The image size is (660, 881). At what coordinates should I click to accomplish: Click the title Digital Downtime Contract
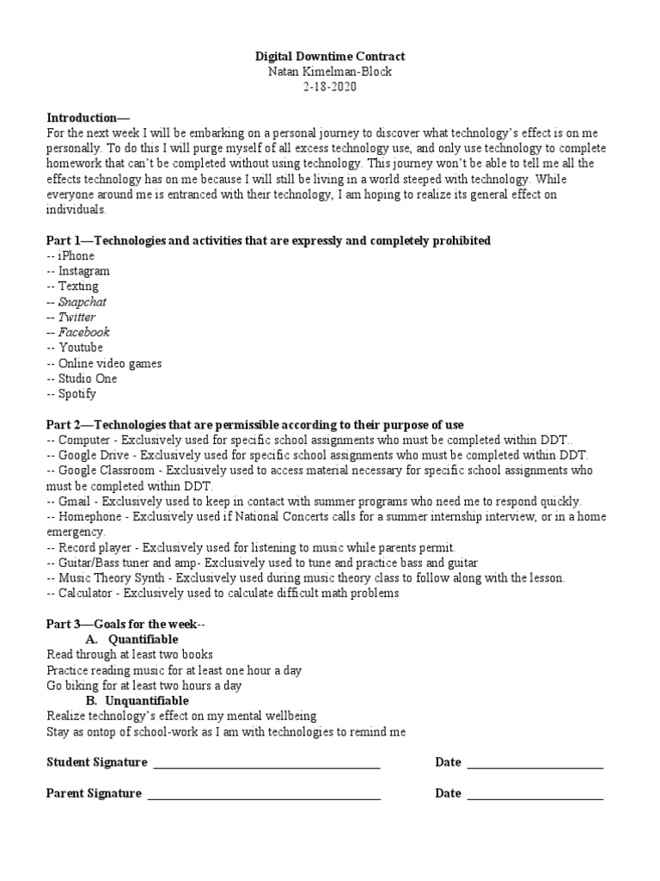(330, 56)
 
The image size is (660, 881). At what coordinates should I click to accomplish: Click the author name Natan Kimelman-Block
(330, 71)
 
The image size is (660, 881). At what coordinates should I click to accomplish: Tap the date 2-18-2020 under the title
(330, 87)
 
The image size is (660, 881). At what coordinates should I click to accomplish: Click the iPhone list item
(76, 256)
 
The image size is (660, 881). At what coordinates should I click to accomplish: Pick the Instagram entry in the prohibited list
(83, 271)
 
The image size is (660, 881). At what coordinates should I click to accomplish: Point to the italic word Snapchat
(82, 302)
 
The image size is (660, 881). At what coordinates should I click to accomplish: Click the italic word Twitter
(77, 317)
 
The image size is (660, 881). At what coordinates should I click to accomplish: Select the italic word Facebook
(83, 332)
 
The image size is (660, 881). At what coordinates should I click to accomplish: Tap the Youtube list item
(81, 348)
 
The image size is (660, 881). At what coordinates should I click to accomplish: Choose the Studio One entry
(88, 379)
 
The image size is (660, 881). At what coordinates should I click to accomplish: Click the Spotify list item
(78, 394)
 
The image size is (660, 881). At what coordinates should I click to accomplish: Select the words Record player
(95, 547)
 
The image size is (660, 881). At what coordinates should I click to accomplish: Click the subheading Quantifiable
(144, 639)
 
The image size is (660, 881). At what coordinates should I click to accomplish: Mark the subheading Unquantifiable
(149, 700)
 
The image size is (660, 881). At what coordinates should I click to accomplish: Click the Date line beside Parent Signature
(535, 794)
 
